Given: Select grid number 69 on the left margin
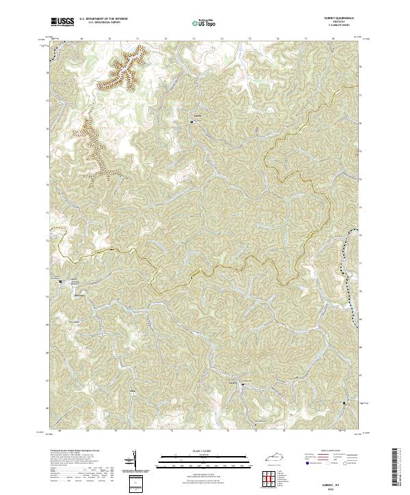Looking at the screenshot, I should tap(47, 326).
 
